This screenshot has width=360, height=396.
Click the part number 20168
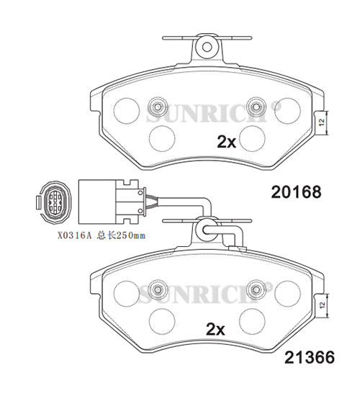pos(296,192)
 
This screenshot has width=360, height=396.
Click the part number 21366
pos(310,358)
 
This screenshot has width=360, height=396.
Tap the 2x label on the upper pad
pos(226,142)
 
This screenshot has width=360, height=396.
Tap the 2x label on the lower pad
pos(215,329)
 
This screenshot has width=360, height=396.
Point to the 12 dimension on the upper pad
pos(322,123)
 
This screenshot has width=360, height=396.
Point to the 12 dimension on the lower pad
pos(322,305)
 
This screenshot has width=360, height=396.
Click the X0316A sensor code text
pos(74,236)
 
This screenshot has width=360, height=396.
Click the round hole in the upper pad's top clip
pos(207,47)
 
